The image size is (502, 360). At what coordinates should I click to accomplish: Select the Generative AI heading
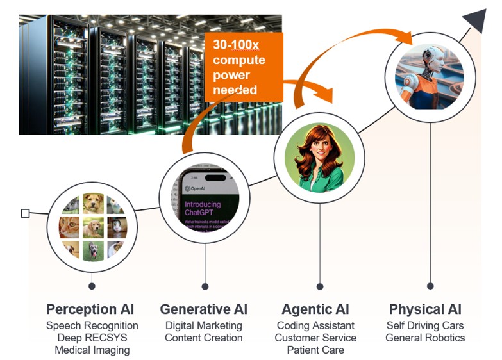pos(204,309)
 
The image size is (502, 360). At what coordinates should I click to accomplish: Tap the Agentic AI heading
pos(315,309)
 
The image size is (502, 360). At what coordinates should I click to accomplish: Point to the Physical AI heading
pos(425,309)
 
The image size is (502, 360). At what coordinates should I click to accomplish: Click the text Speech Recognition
pos(92,325)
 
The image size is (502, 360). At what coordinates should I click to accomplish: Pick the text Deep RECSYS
pos(92,338)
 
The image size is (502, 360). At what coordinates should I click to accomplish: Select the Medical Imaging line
pos(92,350)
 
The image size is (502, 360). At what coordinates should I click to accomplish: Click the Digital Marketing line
pos(204,325)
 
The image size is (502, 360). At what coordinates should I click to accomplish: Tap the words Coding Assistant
pos(315,325)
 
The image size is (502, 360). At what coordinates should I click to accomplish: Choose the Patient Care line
pos(315,350)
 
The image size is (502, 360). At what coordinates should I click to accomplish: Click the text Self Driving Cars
pos(425,325)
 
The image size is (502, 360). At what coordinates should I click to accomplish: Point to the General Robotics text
pos(425,338)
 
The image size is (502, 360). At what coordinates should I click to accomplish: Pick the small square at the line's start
pos(25,213)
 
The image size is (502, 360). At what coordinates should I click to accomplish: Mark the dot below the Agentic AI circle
pos(320,286)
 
